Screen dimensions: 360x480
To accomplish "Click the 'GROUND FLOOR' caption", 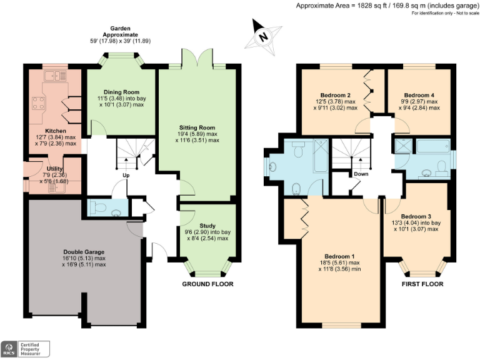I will (x=207, y=284).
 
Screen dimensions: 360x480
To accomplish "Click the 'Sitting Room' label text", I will (x=197, y=127).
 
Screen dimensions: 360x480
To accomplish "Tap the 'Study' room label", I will (x=207, y=226).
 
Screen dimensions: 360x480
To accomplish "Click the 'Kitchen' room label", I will (x=56, y=131).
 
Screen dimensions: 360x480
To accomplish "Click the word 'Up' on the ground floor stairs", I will (x=126, y=175).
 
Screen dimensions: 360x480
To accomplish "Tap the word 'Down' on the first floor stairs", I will (x=361, y=174).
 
